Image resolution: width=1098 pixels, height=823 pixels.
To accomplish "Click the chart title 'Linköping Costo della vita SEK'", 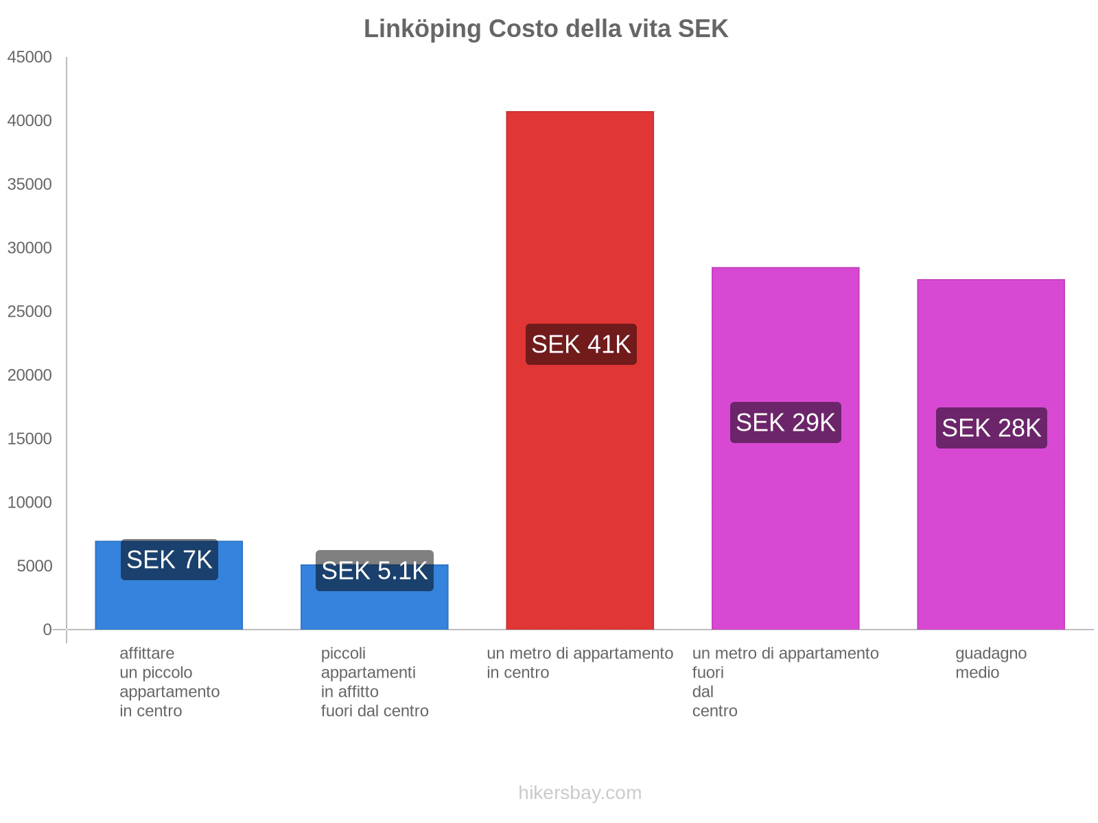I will point(546,29).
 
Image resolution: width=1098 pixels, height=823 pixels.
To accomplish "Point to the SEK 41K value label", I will point(581,344).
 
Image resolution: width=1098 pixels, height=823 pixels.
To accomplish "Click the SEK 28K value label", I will point(991,428).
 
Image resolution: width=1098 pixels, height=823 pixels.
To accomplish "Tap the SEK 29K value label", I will point(785,422).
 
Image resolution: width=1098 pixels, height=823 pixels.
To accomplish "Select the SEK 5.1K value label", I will point(374,571).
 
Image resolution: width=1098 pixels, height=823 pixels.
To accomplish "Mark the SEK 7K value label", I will point(169,560).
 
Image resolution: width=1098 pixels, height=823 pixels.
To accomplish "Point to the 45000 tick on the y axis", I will point(30,57).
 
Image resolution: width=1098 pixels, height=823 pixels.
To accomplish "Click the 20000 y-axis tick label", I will point(30,375).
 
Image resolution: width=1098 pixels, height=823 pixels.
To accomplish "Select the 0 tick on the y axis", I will point(47,630).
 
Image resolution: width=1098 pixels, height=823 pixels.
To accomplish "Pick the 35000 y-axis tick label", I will point(30,184).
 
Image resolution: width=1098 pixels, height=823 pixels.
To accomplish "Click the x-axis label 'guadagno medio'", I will point(990,663).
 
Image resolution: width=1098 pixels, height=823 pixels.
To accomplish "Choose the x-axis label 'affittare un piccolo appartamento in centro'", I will point(169,682).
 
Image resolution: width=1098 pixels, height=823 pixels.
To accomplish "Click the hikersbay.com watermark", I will point(580,793).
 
